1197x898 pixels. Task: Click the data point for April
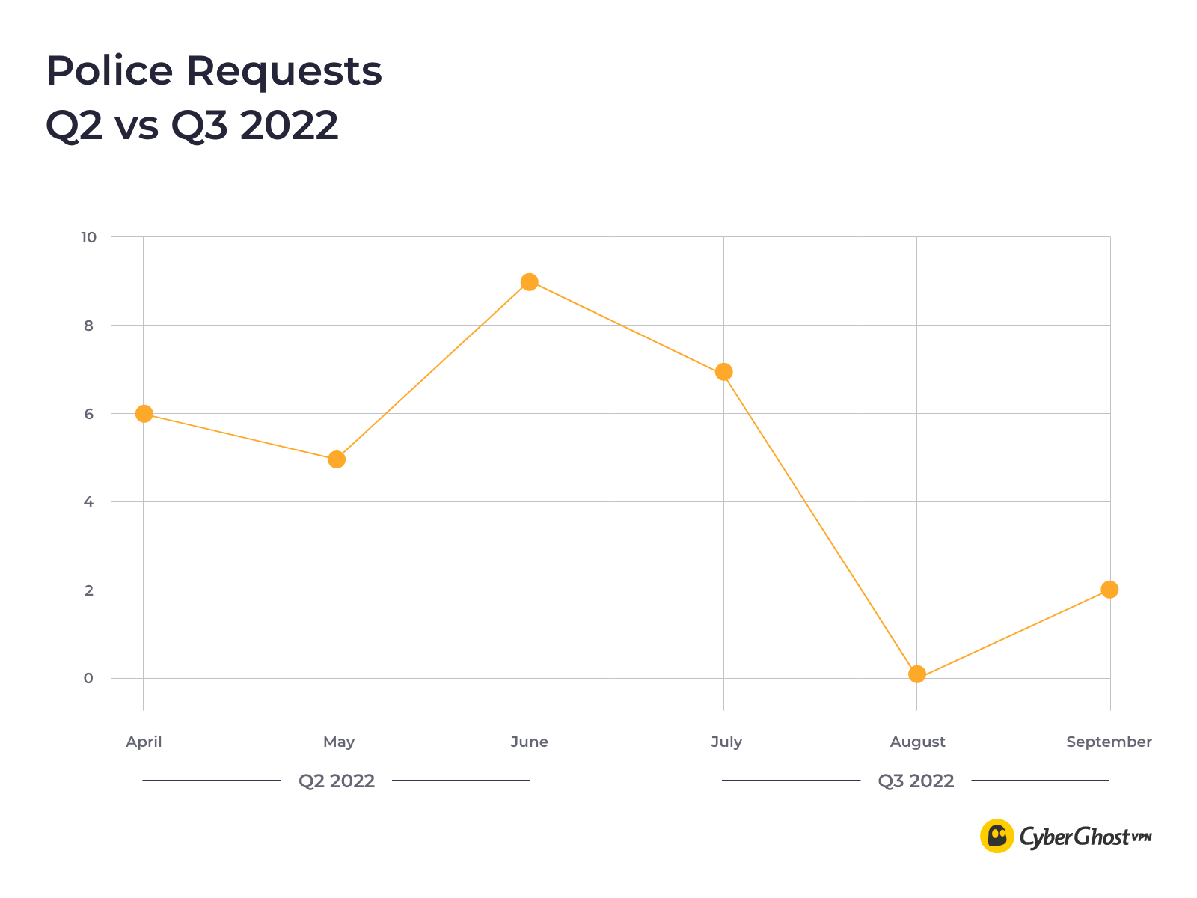click(144, 414)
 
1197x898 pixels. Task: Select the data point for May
click(337, 459)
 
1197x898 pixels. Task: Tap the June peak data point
click(530, 282)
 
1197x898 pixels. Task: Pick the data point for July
click(723, 372)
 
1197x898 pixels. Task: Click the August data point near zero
click(917, 674)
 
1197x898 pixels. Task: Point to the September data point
click(1109, 590)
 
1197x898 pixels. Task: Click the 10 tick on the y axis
click(89, 237)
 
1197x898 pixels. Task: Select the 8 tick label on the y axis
click(89, 326)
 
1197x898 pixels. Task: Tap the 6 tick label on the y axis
click(89, 414)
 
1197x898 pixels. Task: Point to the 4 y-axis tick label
click(89, 502)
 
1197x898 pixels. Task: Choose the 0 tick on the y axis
click(89, 678)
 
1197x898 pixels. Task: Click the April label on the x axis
click(144, 742)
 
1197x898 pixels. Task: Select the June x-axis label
click(530, 742)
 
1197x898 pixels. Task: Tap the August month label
click(917, 742)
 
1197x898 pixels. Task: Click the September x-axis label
click(1109, 742)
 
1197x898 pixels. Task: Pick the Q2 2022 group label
click(337, 781)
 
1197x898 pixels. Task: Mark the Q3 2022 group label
click(916, 781)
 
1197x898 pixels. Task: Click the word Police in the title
click(109, 71)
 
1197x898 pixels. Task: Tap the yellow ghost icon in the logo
click(997, 836)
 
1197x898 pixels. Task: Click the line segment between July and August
click(821, 524)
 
